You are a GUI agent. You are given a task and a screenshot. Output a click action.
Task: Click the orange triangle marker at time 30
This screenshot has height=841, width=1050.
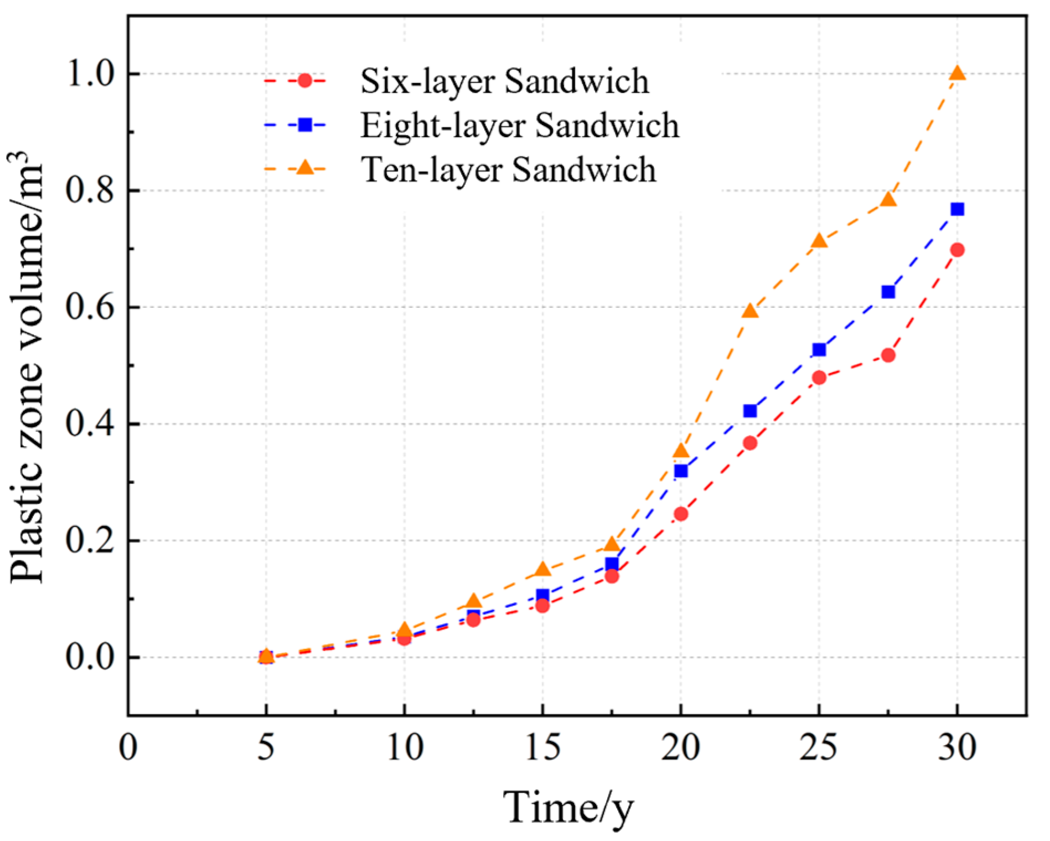[957, 74]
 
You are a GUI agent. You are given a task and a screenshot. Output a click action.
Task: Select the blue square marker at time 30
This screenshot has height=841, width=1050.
[957, 209]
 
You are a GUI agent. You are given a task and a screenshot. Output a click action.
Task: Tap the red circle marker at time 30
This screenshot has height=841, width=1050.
[957, 250]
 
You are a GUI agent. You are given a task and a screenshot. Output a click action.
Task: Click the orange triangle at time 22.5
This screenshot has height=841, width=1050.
[750, 311]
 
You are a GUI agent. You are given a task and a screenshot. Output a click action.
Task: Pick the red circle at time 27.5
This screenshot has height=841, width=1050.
[888, 355]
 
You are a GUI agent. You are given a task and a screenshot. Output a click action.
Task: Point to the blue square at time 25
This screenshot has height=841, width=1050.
[819, 349]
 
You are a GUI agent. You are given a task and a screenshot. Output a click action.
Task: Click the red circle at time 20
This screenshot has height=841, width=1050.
[681, 514]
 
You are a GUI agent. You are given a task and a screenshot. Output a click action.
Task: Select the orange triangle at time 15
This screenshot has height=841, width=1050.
[542, 570]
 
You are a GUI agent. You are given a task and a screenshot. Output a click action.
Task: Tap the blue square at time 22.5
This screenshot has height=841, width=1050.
[750, 411]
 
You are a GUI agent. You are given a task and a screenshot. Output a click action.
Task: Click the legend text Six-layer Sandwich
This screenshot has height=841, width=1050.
[504, 81]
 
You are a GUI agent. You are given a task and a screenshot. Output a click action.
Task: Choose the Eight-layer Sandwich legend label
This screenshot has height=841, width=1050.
[519, 125]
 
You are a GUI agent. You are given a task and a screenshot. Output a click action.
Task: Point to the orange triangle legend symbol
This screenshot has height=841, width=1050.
[304, 167]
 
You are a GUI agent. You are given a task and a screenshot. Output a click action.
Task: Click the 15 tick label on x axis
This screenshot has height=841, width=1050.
[542, 747]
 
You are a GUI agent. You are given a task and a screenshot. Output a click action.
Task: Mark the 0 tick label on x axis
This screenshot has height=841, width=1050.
[128, 747]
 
